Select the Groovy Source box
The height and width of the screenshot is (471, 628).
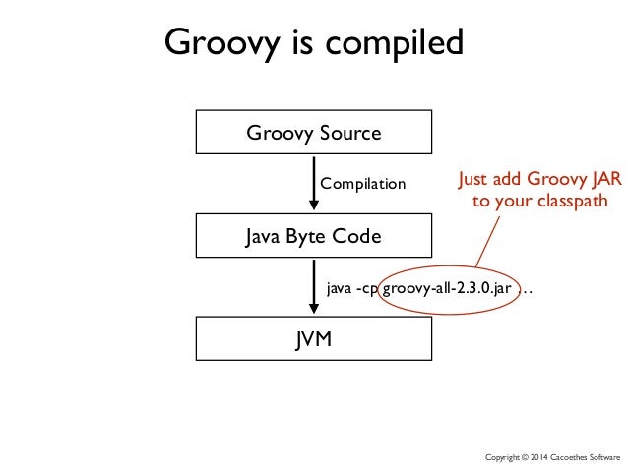click(313, 132)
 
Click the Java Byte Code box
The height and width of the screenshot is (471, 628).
click(313, 236)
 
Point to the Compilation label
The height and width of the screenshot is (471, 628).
click(363, 184)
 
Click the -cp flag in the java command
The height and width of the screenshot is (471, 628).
click(370, 288)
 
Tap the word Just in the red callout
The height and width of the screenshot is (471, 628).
click(476, 180)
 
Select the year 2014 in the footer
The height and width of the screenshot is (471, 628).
click(546, 458)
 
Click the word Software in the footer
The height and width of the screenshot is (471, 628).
click(607, 458)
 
